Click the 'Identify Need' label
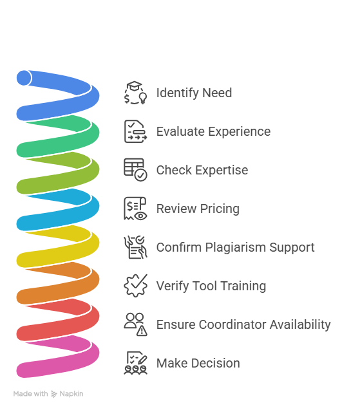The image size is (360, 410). coord(194,93)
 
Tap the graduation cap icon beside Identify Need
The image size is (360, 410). coord(135,93)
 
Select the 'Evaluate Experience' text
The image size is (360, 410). coord(213,131)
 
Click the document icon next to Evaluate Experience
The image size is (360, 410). coord(135,131)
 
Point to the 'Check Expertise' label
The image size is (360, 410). coord(202,170)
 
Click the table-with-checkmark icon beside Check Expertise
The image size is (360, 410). coord(135,170)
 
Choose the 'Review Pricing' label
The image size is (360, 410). coord(198,209)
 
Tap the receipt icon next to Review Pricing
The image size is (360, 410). coord(135,209)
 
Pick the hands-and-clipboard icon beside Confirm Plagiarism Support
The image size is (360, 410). coord(135,247)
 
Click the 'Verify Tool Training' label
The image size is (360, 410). coord(211,286)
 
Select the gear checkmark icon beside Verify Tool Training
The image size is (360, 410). coord(135,286)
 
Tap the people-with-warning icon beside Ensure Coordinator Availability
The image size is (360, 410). coord(135,324)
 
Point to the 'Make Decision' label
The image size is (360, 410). coord(198,363)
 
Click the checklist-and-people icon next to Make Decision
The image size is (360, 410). coord(135,363)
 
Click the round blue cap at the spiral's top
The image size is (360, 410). coord(24,78)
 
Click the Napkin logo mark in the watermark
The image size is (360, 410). coord(54,394)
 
